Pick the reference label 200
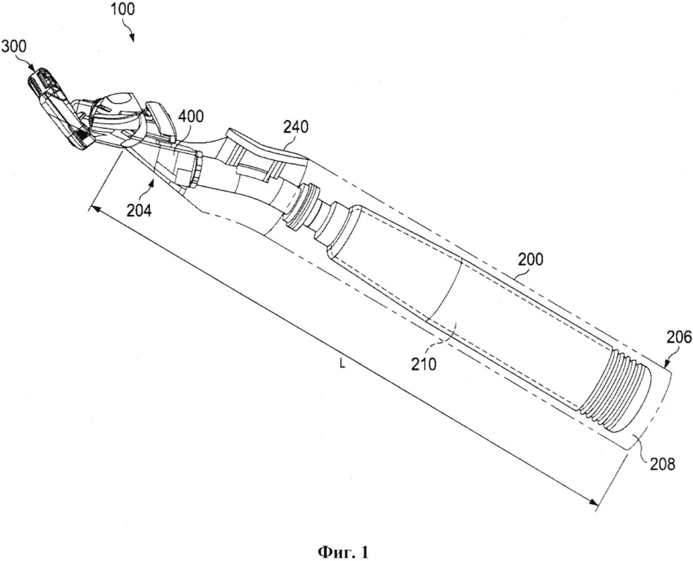(x=530, y=260)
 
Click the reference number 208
(x=660, y=460)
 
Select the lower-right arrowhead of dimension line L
(x=593, y=504)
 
